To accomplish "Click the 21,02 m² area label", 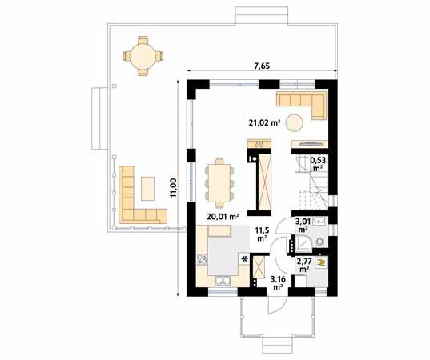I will pos(263,122).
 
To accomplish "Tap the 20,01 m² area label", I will pos(223,216).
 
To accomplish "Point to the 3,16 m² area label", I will pos(278,282).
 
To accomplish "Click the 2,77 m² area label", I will pos(304,265).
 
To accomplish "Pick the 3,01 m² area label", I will pos(303,225).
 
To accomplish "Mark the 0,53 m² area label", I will pos(317,164).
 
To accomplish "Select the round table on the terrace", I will pos(142,56).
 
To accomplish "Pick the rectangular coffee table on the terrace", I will pos(149,189).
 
